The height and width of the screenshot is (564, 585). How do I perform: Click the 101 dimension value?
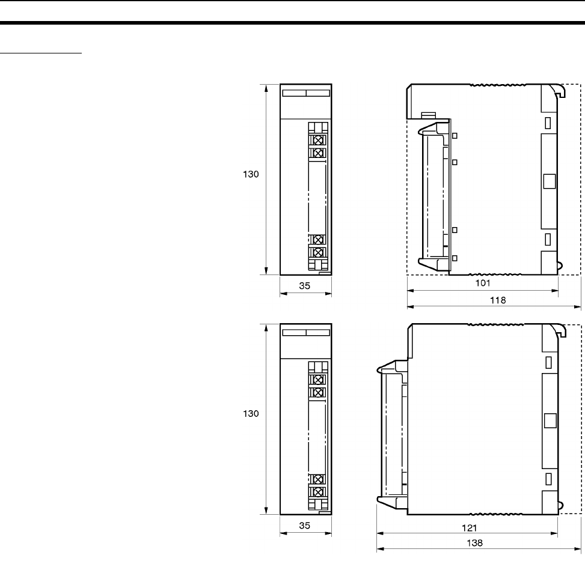click(x=483, y=283)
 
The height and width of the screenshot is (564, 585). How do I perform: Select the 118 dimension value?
click(x=498, y=300)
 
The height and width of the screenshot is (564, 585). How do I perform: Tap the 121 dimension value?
click(x=470, y=528)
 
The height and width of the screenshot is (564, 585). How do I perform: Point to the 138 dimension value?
click(x=474, y=543)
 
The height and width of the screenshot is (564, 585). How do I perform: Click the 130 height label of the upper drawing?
click(x=251, y=174)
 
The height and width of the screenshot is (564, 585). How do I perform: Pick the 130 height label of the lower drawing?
click(x=251, y=413)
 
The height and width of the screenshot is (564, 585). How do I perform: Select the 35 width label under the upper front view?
click(x=304, y=285)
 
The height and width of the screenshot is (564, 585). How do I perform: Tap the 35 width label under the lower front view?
click(x=304, y=525)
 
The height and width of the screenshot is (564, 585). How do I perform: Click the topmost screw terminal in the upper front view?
click(x=318, y=140)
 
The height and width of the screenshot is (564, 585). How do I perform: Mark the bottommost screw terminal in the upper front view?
click(x=318, y=253)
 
